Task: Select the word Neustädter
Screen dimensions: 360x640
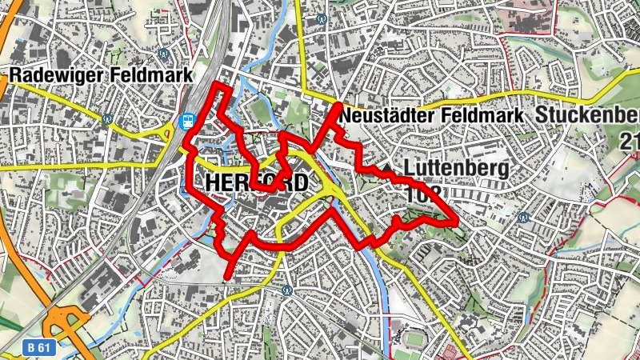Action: click(x=386, y=116)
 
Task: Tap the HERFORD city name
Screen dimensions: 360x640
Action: click(x=256, y=182)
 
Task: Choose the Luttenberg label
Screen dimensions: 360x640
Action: click(x=457, y=169)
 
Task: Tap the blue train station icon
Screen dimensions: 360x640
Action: click(x=189, y=122)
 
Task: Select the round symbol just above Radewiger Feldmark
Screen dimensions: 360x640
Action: click(x=163, y=54)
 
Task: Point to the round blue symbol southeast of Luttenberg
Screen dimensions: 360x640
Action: click(x=524, y=218)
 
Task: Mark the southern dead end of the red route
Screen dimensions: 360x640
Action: click(x=229, y=278)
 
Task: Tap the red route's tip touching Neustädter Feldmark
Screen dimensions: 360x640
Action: click(x=338, y=106)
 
